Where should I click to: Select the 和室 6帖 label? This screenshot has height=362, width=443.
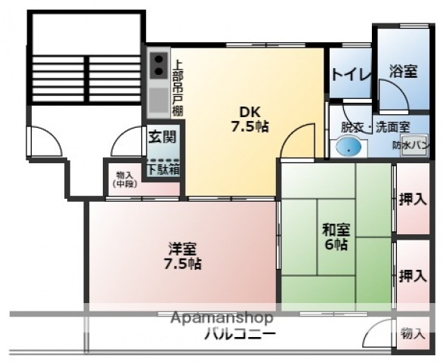coord(336,237)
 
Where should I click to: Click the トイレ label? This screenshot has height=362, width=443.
coord(350,74)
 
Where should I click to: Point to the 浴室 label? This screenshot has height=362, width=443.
coord(404,71)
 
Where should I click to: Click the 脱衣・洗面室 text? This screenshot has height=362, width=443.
coord(375,128)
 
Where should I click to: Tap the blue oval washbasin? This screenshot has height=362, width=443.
coord(349,147)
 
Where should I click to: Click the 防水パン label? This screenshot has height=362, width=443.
coord(411,145)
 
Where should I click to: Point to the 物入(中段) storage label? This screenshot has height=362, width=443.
coord(124,178)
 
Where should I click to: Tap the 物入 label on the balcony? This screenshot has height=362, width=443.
coord(413,333)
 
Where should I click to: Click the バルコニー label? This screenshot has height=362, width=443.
coord(239,335)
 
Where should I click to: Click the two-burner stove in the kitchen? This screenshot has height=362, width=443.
coord(160,65)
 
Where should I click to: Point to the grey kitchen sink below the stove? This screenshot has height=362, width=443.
coord(159,99)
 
